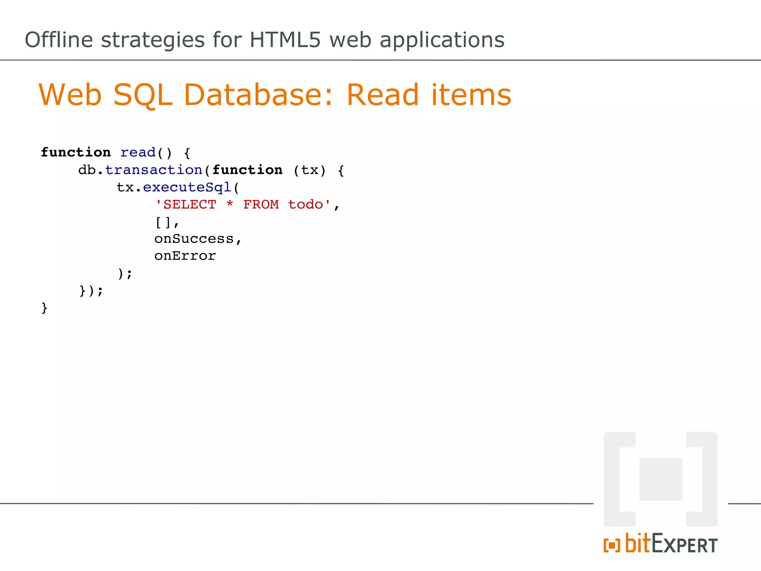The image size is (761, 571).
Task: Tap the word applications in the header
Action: [x=442, y=40]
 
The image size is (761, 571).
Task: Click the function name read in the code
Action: [x=138, y=152]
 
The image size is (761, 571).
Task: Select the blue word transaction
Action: [x=153, y=170]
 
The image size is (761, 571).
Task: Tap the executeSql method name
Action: [x=187, y=187]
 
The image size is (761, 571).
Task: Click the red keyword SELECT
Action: [x=190, y=204]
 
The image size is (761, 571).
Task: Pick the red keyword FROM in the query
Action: [x=261, y=204]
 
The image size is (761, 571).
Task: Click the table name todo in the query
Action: [x=305, y=204]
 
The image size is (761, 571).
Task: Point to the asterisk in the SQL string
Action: [x=230, y=204]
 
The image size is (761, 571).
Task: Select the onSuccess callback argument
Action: [x=194, y=239]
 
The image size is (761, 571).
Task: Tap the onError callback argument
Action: [x=185, y=256]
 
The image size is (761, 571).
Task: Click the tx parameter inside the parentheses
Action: [x=310, y=170]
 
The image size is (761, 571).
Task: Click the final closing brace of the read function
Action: [x=45, y=308]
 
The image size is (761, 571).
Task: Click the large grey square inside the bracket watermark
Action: [x=661, y=479]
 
